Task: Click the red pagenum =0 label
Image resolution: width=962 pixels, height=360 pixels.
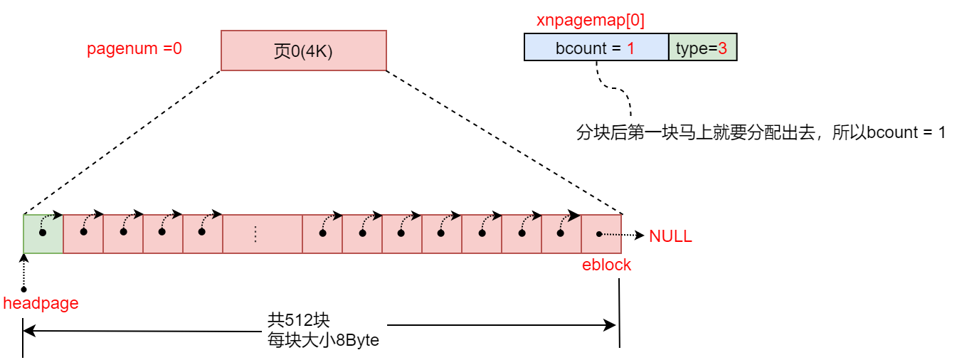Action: click(x=134, y=49)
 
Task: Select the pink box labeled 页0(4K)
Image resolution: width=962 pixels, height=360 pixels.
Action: click(x=303, y=51)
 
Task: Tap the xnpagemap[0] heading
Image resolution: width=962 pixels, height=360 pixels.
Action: click(x=590, y=21)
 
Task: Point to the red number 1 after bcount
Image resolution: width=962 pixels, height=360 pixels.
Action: click(x=630, y=48)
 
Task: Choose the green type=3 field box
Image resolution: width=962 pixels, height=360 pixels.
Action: click(x=702, y=48)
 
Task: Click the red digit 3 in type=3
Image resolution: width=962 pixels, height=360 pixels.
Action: click(x=722, y=48)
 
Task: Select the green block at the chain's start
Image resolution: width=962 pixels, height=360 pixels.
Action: click(x=43, y=234)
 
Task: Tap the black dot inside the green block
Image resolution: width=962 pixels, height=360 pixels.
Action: click(x=43, y=233)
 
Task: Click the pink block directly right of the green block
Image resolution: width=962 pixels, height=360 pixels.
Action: click(x=83, y=234)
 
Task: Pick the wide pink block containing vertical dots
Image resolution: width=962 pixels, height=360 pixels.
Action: click(x=263, y=234)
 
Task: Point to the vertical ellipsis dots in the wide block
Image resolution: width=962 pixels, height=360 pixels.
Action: click(x=255, y=234)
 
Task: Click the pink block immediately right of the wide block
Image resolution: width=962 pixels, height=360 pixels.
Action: click(x=322, y=234)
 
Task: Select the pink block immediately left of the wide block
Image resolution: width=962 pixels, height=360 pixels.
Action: click(x=203, y=234)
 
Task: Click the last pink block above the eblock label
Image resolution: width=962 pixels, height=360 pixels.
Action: click(x=601, y=234)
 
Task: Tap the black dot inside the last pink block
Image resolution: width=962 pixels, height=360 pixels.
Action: click(x=599, y=233)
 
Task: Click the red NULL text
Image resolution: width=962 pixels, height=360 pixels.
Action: click(x=670, y=236)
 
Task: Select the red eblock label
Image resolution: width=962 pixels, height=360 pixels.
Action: click(x=606, y=265)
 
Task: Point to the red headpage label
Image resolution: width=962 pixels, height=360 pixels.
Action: click(x=41, y=304)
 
